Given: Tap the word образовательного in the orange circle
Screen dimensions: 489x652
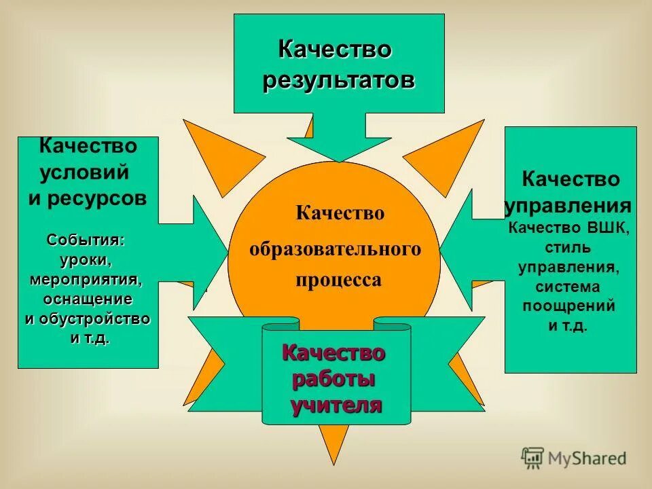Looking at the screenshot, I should [x=335, y=249].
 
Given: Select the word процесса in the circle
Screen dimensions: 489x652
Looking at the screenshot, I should [x=338, y=280].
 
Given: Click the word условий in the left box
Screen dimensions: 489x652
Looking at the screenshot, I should [x=84, y=172].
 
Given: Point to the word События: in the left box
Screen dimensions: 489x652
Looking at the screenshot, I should [x=86, y=240].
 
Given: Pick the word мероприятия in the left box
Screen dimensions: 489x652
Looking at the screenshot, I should [x=86, y=280].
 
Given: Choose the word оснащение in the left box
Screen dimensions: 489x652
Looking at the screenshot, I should [x=88, y=300].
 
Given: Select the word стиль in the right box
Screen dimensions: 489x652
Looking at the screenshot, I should [x=569, y=247].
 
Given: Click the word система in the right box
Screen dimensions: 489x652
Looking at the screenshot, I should [x=569, y=286].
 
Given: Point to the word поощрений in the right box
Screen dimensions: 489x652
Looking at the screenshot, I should [x=569, y=306].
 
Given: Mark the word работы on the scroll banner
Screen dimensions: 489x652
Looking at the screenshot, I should [x=333, y=379].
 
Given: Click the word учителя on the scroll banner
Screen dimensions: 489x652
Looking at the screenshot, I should [x=337, y=405].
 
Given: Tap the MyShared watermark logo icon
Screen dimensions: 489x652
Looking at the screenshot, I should [x=533, y=458].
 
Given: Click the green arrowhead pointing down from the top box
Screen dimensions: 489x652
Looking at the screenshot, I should [x=339, y=147].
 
